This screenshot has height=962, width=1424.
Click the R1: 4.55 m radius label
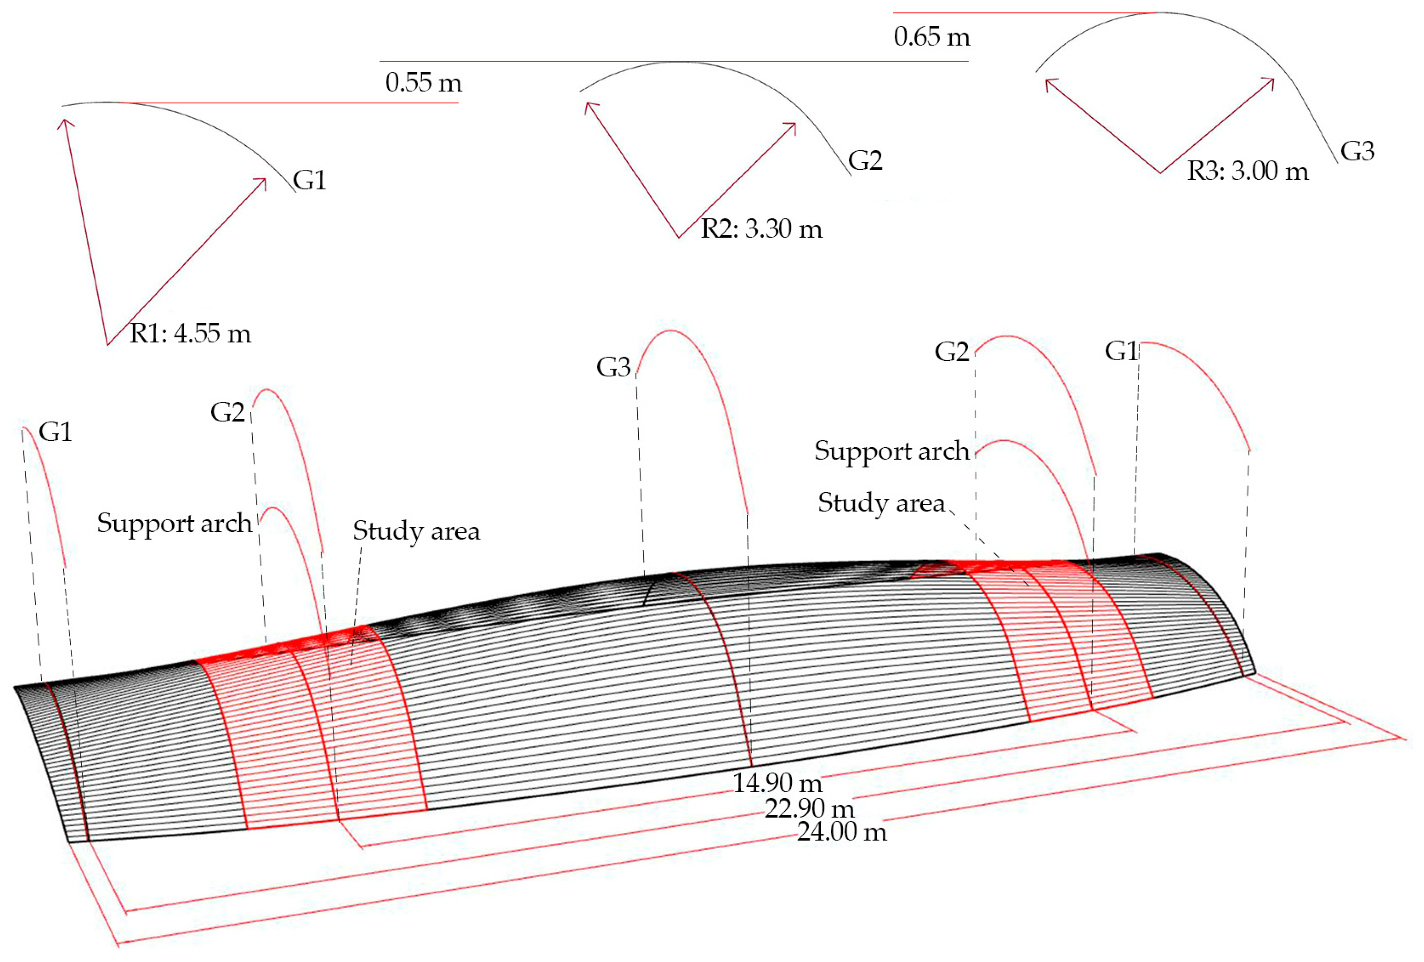pos(190,334)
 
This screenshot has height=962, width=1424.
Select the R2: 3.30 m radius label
pos(761,229)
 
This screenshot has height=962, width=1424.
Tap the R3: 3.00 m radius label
pos(1247,171)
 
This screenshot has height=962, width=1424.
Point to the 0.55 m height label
pos(423,83)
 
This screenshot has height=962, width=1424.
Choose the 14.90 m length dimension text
pos(777,783)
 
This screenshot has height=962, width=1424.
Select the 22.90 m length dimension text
pos(809,809)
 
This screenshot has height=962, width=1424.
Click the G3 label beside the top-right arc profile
pos(1357,151)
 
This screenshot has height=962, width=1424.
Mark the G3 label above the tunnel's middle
pos(613,367)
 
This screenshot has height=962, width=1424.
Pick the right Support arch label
pos(892,451)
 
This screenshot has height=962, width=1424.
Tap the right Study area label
pos(881,503)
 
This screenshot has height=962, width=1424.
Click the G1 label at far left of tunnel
pos(55,432)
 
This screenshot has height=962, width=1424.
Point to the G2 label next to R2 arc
pos(865,161)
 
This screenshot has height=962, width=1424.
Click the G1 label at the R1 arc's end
pos(309,180)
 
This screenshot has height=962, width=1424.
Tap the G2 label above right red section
pos(952,352)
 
